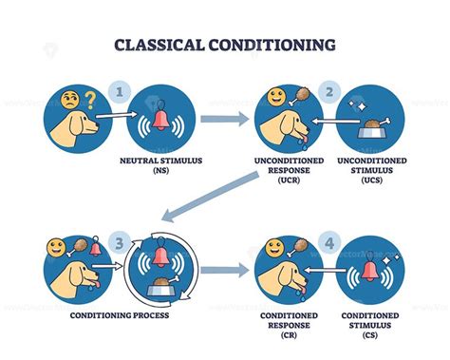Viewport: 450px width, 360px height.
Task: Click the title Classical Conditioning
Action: click(224, 44)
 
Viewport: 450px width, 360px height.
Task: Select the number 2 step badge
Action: click(328, 92)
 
